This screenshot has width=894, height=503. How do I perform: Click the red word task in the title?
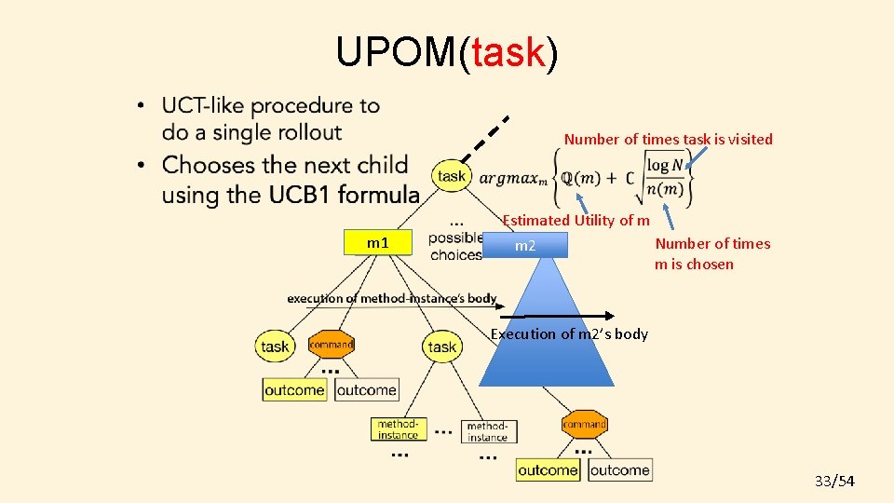click(x=508, y=53)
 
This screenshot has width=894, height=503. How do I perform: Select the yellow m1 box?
click(x=378, y=243)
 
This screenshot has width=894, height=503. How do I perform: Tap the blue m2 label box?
click(x=525, y=246)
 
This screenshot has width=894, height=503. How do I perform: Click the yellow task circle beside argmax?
click(x=452, y=176)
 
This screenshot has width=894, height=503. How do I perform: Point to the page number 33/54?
click(x=834, y=481)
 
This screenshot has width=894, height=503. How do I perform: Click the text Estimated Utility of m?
click(x=576, y=220)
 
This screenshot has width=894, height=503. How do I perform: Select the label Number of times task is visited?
click(x=668, y=139)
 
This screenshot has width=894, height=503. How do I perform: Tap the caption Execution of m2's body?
click(x=569, y=333)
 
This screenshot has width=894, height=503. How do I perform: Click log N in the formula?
click(x=665, y=165)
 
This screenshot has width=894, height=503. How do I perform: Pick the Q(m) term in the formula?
click(x=589, y=178)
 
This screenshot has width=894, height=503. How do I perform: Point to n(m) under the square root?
click(x=666, y=189)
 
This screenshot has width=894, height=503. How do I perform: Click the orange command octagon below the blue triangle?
click(x=585, y=424)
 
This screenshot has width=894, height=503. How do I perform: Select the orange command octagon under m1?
click(x=331, y=344)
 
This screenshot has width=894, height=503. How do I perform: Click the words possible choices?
click(x=455, y=246)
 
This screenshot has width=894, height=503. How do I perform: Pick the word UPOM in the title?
click(x=395, y=53)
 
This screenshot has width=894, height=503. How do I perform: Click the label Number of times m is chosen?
click(x=712, y=253)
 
